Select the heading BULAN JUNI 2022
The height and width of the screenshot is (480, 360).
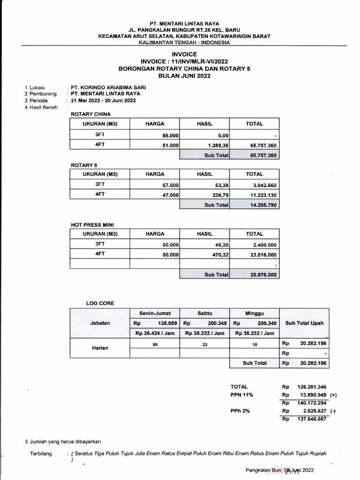click(x=184, y=75)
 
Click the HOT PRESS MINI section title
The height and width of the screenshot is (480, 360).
click(x=92, y=225)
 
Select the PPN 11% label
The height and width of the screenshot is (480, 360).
click(x=242, y=395)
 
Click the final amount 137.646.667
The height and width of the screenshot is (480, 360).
click(x=308, y=419)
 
